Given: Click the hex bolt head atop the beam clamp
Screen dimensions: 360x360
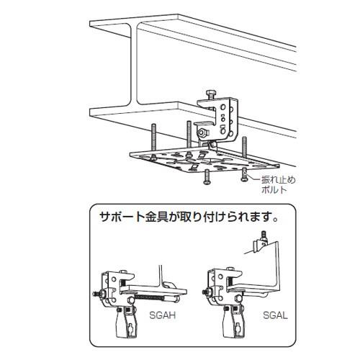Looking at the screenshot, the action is (x=210, y=92).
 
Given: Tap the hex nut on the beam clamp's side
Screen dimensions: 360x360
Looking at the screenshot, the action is (x=202, y=133).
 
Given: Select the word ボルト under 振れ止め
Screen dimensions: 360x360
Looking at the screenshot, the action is (x=274, y=190).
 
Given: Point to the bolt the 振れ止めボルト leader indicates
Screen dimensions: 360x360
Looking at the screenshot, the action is (x=244, y=174).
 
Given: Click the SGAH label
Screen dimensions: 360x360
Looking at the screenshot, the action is (x=163, y=315).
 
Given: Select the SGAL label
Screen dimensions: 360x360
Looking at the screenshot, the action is (x=275, y=315).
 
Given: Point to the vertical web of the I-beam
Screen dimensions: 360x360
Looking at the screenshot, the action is (x=135, y=65).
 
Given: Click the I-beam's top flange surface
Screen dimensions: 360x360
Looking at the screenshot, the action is (x=192, y=34).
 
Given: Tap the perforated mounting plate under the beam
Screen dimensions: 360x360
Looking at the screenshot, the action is (x=204, y=161).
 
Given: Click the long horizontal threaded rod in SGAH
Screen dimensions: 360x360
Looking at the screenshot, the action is (x=149, y=298).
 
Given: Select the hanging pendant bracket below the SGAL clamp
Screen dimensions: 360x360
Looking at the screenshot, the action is (x=230, y=323).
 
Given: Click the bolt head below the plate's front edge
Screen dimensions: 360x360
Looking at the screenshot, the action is (x=207, y=177).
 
